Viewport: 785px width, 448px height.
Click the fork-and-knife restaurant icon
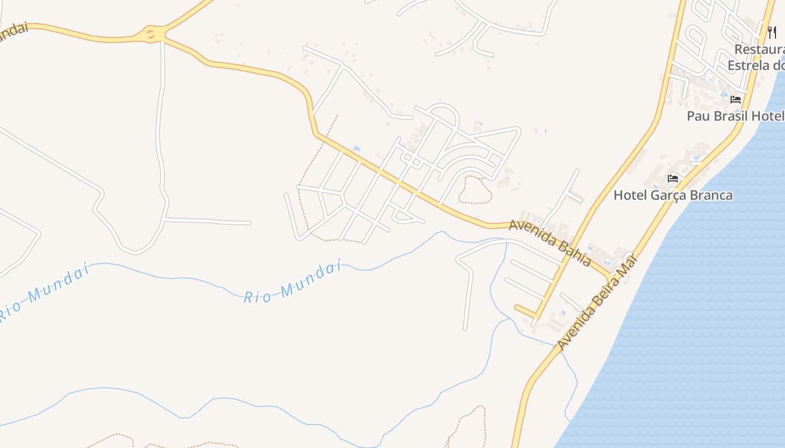click(772, 32)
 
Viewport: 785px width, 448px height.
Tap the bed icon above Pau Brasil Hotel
click(736, 100)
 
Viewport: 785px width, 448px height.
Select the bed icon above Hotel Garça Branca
click(673, 179)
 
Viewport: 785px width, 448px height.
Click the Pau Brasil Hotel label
click(735, 116)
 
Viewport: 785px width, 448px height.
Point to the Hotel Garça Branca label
click(673, 195)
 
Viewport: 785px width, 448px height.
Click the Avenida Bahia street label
click(549, 242)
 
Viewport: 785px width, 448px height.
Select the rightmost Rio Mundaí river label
click(293, 282)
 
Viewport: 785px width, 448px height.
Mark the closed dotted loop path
click(475, 190)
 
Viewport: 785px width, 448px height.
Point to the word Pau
click(698, 116)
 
